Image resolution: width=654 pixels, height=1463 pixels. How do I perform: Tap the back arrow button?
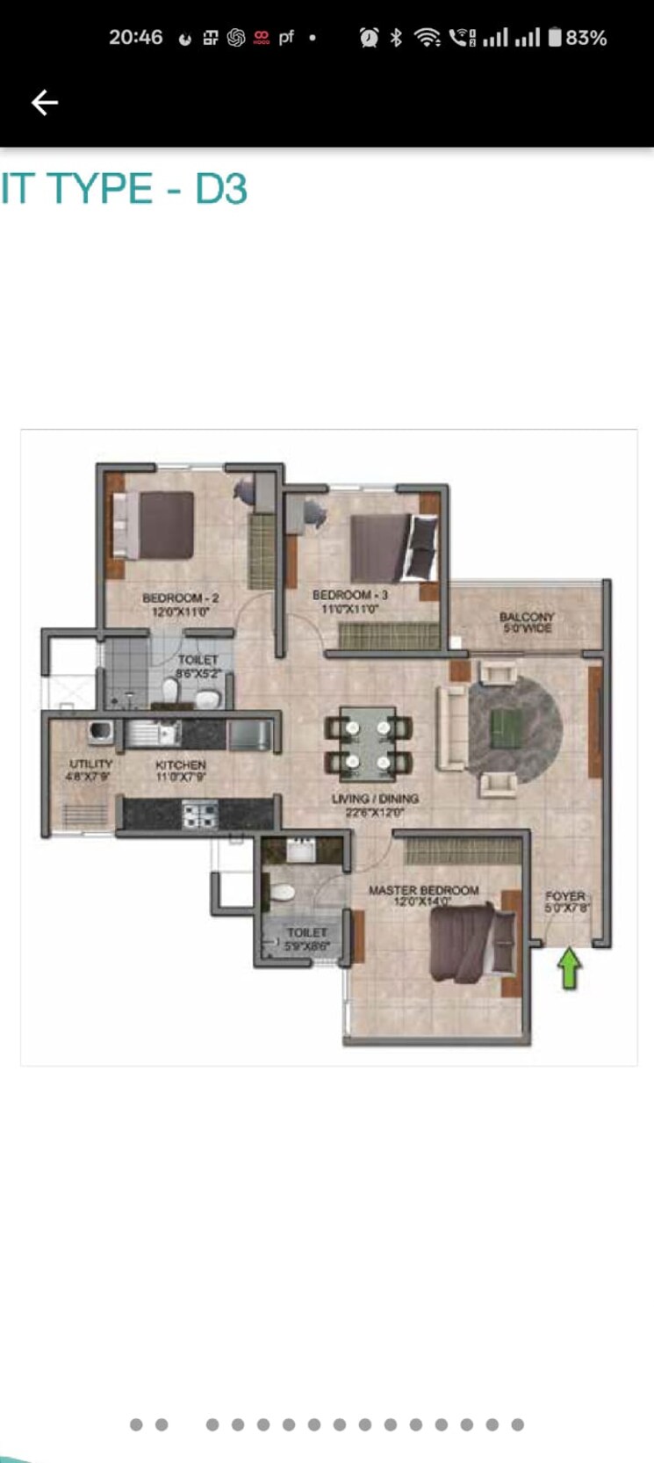45,103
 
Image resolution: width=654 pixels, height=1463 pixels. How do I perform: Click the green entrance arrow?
570,967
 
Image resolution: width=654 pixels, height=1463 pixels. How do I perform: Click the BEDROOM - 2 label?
181,598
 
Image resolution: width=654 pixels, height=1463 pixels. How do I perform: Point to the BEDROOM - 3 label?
349,596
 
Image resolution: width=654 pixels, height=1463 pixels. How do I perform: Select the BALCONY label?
527,617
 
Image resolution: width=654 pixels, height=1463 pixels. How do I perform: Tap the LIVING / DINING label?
375,799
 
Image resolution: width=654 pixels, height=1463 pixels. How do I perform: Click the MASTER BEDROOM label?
423,890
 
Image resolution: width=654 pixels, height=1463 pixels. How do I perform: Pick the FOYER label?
564,896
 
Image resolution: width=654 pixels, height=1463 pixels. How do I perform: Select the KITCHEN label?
181,765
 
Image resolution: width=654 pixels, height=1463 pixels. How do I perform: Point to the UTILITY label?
90,764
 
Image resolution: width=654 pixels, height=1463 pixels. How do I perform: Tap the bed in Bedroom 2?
162,525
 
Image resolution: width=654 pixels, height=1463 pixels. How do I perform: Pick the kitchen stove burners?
199,814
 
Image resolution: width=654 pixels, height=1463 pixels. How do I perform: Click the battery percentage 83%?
586,38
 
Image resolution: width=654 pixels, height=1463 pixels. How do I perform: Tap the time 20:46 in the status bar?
135,37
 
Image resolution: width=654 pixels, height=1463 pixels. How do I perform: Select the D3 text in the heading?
221,189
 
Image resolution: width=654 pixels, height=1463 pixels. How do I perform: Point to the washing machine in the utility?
99,732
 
